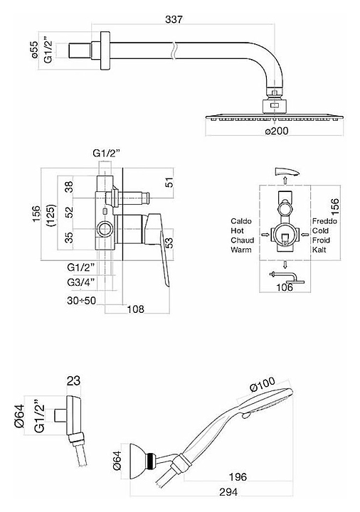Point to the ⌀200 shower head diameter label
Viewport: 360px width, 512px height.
277,131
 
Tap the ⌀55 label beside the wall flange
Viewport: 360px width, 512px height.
36,50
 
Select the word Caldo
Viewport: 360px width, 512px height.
241,221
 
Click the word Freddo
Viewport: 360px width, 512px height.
324,221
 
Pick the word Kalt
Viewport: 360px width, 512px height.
319,250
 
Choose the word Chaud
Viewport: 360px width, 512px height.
242,240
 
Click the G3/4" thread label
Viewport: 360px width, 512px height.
81,282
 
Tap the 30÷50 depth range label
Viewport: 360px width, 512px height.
82,300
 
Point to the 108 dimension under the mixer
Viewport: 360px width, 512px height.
135,309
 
